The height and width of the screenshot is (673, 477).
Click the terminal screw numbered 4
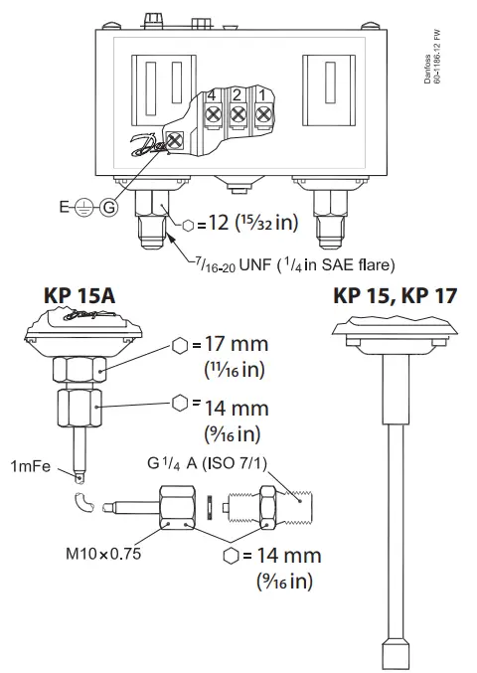[212, 115]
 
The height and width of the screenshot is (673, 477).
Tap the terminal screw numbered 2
[238, 115]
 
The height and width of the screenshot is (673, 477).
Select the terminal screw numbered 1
[262, 115]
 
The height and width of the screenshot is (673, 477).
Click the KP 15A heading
[81, 295]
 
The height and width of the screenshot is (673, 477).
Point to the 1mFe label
[31, 466]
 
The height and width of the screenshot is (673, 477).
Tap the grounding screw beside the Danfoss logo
[176, 140]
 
